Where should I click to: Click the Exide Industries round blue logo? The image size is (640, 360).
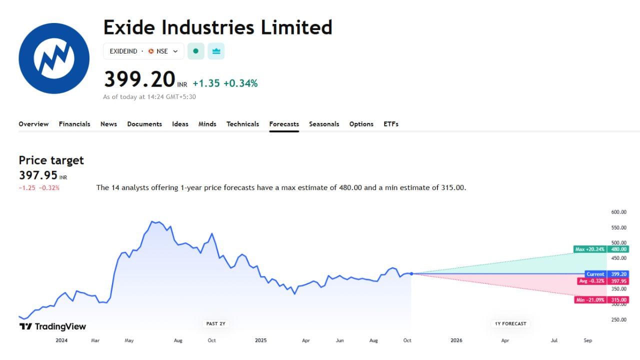click(x=54, y=58)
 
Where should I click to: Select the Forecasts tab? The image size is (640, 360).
click(x=284, y=124)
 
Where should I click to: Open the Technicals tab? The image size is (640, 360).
click(x=242, y=124)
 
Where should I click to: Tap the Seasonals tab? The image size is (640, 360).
click(x=324, y=124)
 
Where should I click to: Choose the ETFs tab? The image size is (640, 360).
click(x=391, y=124)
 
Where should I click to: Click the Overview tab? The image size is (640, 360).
click(x=33, y=124)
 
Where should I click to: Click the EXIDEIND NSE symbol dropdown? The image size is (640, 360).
click(x=143, y=51)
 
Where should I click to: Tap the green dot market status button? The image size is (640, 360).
click(x=196, y=51)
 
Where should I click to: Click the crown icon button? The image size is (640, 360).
click(x=216, y=51)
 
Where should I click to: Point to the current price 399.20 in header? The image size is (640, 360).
click(x=139, y=79)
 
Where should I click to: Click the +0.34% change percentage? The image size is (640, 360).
click(x=240, y=83)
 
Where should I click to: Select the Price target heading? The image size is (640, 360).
click(x=51, y=160)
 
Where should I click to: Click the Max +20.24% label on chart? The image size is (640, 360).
click(x=590, y=249)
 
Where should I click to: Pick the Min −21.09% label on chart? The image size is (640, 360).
click(x=590, y=300)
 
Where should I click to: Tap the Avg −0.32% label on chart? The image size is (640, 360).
click(x=591, y=281)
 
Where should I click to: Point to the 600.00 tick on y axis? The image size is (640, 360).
click(x=618, y=212)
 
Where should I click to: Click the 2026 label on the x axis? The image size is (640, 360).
click(x=456, y=340)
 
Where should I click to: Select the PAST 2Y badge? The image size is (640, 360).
click(x=216, y=323)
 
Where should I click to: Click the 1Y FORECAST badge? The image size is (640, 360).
click(x=510, y=323)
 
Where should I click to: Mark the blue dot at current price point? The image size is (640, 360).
click(x=411, y=273)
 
